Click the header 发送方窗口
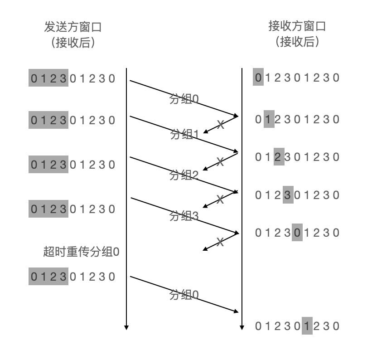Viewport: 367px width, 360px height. pyautogui.click(x=72, y=27)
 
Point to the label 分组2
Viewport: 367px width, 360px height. pyautogui.click(x=184, y=175)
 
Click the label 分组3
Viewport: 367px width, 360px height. pyautogui.click(x=184, y=216)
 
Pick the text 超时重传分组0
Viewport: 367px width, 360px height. pyautogui.click(x=81, y=252)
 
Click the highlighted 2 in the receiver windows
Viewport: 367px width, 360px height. pyautogui.click(x=279, y=157)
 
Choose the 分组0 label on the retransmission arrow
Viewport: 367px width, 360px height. pyautogui.click(x=184, y=295)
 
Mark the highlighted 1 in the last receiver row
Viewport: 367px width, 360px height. pyautogui.click(x=307, y=326)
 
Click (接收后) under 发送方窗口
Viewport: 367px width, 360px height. pyautogui.click(x=72, y=43)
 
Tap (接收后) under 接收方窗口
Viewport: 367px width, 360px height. pyautogui.click(x=297, y=42)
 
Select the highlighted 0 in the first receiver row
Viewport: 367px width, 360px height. pyautogui.click(x=258, y=78)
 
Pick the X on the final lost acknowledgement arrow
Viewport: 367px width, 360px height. pyautogui.click(x=220, y=242)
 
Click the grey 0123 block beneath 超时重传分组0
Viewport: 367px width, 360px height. pyautogui.click(x=48, y=277)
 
